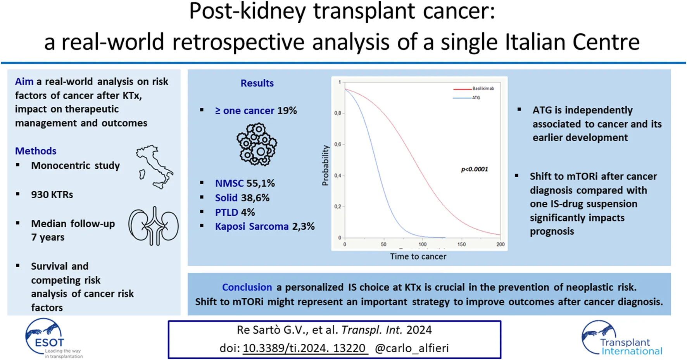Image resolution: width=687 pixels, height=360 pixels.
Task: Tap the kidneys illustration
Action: coord(154,226)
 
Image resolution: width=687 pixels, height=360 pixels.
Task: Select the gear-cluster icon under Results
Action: coord(257,144)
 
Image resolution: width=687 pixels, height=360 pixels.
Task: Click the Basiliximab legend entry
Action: coord(483,88)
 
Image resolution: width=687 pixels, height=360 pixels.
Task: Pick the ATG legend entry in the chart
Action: coord(476,98)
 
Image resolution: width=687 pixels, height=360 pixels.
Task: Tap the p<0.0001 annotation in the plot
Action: coord(474,169)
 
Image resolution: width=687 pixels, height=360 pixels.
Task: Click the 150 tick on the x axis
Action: coord(461,244)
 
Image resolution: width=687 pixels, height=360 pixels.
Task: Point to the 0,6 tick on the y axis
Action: coord(337,144)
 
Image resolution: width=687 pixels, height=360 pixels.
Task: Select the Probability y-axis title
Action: coord(325,165)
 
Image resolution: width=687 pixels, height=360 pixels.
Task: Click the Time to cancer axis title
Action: coord(418,256)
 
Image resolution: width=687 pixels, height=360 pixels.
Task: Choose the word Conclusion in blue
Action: coord(247,287)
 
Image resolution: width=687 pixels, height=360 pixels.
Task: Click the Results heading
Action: coord(257,83)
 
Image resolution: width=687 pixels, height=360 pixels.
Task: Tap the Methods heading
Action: coord(36,151)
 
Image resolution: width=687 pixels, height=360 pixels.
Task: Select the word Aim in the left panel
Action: coord(24,81)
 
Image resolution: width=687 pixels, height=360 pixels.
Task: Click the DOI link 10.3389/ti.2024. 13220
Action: coord(304,348)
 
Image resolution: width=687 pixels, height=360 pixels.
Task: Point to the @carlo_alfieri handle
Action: coord(412,348)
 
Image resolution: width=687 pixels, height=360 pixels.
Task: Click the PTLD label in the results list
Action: coord(227,212)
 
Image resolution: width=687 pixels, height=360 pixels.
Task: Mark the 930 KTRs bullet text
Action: coord(52,194)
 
